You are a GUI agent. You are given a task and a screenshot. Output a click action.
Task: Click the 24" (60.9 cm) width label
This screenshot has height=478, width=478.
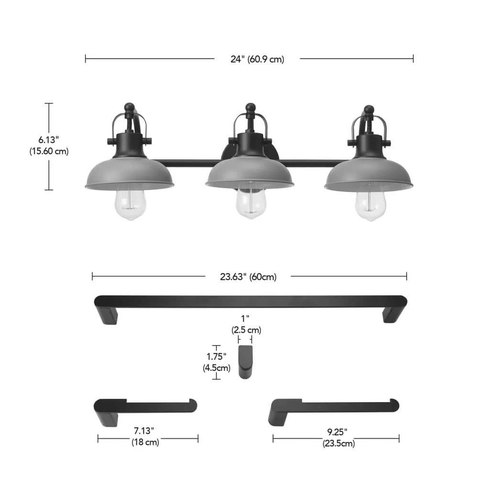point(257,59)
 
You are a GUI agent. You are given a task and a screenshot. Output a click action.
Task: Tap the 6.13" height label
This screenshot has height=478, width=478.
point(48,140)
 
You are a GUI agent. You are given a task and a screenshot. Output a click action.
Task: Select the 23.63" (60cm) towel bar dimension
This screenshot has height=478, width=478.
point(248,277)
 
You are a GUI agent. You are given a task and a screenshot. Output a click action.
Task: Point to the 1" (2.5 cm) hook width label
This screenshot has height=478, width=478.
point(246,325)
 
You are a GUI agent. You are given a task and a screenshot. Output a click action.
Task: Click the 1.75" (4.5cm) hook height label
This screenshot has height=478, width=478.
point(217,362)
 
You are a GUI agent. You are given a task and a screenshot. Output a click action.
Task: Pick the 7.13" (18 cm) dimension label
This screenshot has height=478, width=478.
point(145,436)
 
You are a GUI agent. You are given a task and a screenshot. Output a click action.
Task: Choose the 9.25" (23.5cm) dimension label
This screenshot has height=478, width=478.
point(338,437)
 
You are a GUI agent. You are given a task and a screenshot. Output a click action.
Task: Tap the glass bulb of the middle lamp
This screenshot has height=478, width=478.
point(250,203)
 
